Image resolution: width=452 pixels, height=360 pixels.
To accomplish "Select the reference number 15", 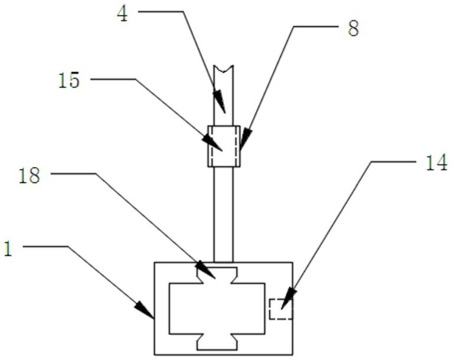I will coord(69,80).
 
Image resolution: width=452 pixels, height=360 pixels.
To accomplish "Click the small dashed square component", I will coord(280,309).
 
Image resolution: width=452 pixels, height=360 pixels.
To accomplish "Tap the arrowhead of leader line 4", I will coord(220,104).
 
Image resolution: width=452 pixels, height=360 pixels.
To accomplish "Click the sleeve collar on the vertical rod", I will coord(224,146).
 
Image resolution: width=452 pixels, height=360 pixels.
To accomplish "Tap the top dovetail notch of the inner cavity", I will coord(217,274).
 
